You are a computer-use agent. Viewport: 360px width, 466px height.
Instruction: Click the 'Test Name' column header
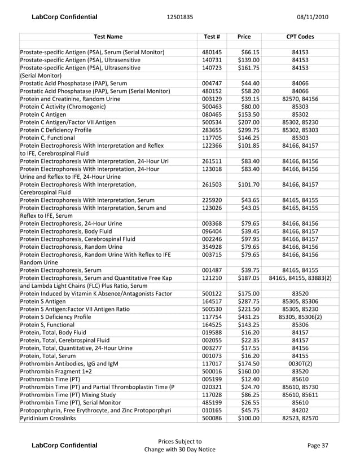coord(107,37)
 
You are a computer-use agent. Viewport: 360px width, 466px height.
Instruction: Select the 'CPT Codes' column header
coord(300,37)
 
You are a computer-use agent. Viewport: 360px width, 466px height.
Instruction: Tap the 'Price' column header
coord(244,37)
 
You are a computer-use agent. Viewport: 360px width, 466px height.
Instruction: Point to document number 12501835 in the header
coord(180,17)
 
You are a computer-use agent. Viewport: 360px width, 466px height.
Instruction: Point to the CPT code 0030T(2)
coord(300,363)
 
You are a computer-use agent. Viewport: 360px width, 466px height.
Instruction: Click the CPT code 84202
coord(300,410)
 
